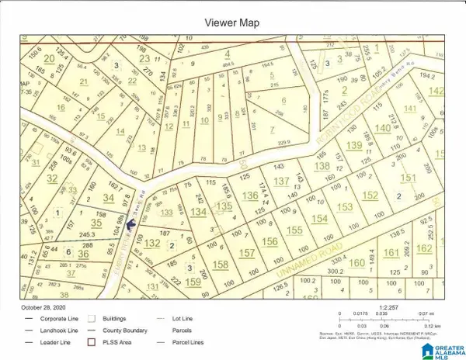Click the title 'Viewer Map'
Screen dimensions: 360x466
click(233, 22)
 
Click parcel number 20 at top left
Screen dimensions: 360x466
click(50, 59)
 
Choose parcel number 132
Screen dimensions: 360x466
click(152, 244)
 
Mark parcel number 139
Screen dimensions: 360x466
click(354, 146)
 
